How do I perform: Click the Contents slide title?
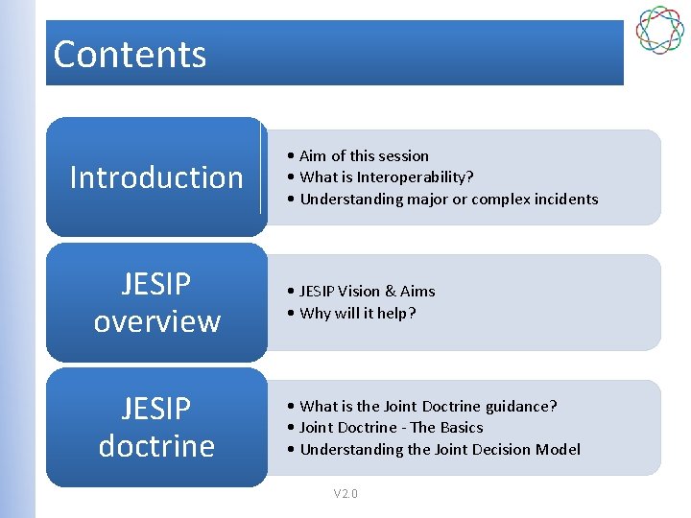(130, 54)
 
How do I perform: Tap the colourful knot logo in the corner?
(659, 30)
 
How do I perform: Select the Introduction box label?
(156, 177)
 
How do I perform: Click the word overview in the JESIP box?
(156, 320)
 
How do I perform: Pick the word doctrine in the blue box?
(156, 446)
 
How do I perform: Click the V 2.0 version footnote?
(345, 493)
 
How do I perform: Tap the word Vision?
(366, 291)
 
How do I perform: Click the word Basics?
(461, 427)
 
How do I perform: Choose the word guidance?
(521, 406)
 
